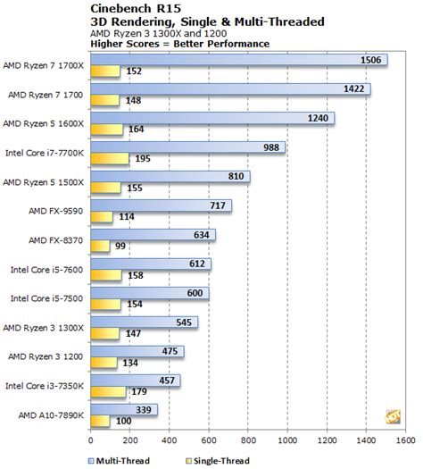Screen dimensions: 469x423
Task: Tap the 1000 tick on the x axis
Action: click(x=286, y=440)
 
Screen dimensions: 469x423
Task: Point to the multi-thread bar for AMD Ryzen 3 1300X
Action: click(x=143, y=322)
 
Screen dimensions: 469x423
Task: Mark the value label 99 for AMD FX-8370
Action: click(x=120, y=246)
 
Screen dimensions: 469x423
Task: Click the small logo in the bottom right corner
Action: click(x=391, y=415)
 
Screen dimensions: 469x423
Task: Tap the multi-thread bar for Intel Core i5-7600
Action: click(x=150, y=264)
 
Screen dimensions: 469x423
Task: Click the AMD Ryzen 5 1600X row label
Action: click(x=44, y=123)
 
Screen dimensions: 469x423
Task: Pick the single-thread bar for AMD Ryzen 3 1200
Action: click(x=103, y=363)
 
